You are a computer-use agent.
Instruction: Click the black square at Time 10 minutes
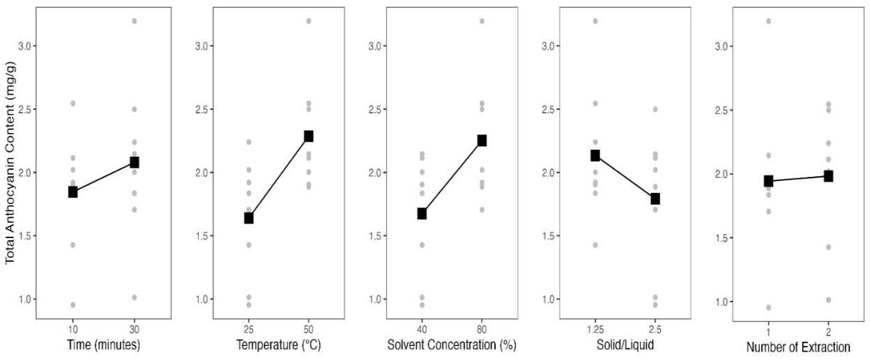click(x=72, y=192)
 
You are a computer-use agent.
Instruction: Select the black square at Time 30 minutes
click(x=134, y=162)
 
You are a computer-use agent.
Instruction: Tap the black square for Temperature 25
click(x=248, y=218)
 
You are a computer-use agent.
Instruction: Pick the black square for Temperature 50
click(x=308, y=136)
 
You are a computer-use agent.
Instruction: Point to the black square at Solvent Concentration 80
click(x=481, y=140)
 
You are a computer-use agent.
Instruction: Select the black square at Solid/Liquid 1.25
click(x=595, y=155)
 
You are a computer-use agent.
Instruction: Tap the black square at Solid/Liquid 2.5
click(x=655, y=198)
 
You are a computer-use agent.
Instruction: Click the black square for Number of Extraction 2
click(x=828, y=176)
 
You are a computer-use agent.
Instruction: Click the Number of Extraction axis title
click(x=799, y=347)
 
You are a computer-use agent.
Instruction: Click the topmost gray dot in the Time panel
click(x=134, y=21)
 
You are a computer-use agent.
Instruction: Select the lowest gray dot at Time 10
click(x=72, y=305)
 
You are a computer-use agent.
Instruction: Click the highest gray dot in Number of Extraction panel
click(x=768, y=21)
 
